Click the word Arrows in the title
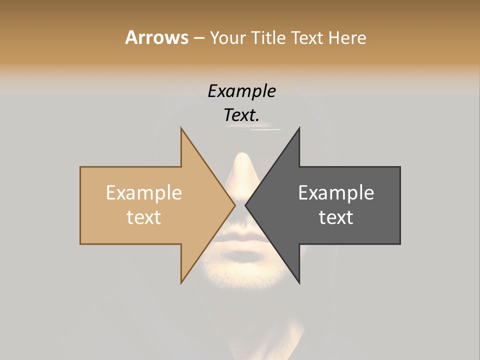click(156, 37)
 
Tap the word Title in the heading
click(270, 37)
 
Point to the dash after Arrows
click(198, 38)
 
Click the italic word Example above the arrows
click(241, 91)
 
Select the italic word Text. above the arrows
click(241, 115)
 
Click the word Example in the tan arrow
click(143, 193)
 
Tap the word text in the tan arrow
click(143, 217)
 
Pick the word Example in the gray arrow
click(336, 193)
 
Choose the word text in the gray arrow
click(336, 217)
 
